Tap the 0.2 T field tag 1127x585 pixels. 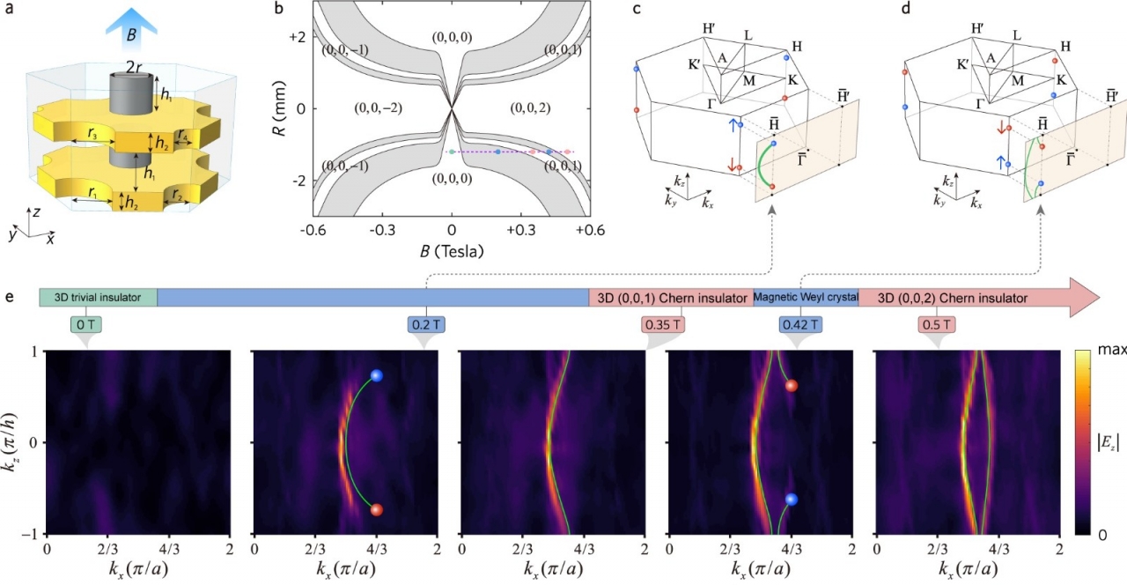(427, 324)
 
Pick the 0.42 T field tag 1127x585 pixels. (799, 324)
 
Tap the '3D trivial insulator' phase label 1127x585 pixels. (98, 298)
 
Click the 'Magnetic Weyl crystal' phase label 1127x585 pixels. (806, 298)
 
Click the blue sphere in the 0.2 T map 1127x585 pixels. (377, 376)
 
